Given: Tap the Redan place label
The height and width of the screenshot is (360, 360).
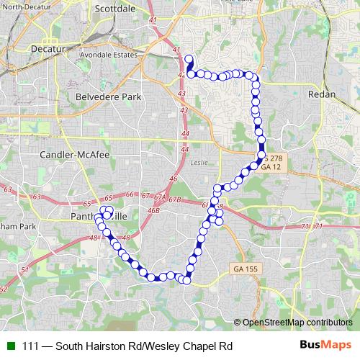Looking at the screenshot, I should pyautogui.click(x=322, y=94).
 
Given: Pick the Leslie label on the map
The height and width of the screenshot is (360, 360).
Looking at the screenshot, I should pyautogui.click(x=199, y=162).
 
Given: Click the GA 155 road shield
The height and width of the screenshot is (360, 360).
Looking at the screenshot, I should pyautogui.click(x=246, y=268).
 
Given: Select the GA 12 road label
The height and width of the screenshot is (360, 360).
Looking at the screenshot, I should pyautogui.click(x=270, y=166).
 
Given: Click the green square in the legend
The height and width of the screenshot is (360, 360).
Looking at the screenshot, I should pyautogui.click(x=9, y=346).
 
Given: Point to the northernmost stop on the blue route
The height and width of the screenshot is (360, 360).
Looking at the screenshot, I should pyautogui.click(x=189, y=59).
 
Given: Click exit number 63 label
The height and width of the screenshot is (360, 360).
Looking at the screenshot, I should pyautogui.click(x=8, y=189).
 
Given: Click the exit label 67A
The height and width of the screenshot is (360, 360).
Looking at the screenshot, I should pyautogui.click(x=160, y=196).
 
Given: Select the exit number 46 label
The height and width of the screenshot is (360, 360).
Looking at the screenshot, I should pyautogui.click(x=173, y=178).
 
